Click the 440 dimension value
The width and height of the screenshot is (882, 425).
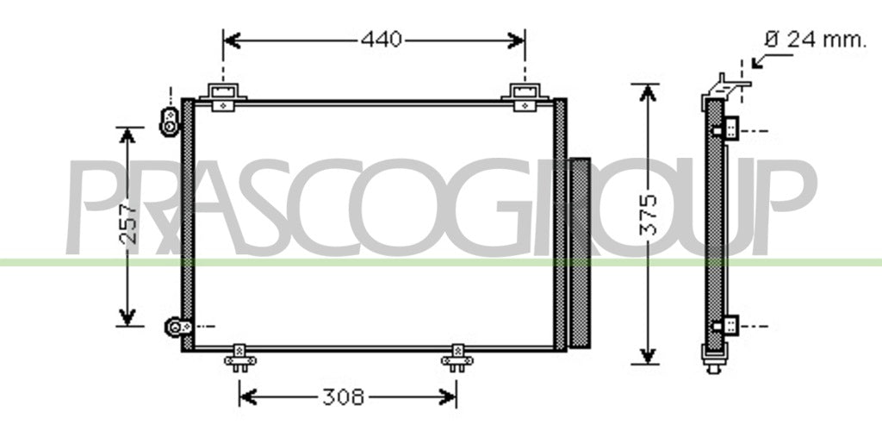[x=382, y=40]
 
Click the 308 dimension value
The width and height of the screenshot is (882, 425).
[x=343, y=397]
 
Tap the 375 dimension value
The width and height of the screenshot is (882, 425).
[x=649, y=214]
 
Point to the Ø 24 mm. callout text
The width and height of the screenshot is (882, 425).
[x=815, y=40]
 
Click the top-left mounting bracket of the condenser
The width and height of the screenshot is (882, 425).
[x=223, y=97]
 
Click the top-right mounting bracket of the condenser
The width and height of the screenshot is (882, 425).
[x=525, y=97]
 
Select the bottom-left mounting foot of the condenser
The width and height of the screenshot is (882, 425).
[x=240, y=358]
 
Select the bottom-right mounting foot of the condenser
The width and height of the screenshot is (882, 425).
[x=457, y=358]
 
